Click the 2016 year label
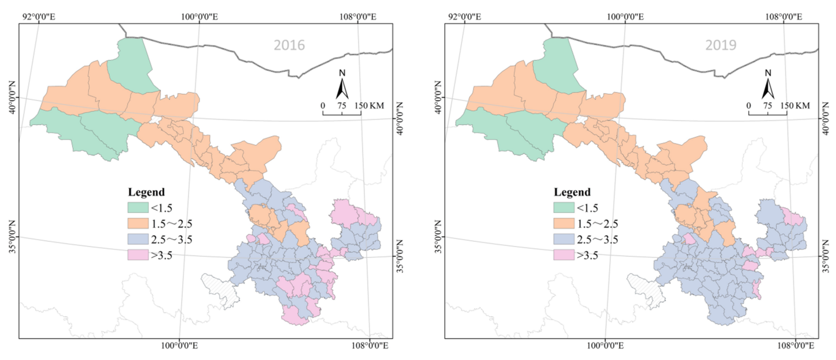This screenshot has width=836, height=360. point(289,45)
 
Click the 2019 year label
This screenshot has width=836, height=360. point(721,45)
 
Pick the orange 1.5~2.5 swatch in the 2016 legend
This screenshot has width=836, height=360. point(138,224)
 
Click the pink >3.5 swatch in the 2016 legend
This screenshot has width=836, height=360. point(138,255)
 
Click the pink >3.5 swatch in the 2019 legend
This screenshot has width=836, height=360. point(564,255)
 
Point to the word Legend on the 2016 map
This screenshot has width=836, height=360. point(146,192)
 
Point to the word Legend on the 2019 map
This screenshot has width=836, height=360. point(572,192)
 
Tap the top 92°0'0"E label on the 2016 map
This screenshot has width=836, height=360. point(39,17)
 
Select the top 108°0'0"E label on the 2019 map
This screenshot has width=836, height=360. point(783,17)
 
